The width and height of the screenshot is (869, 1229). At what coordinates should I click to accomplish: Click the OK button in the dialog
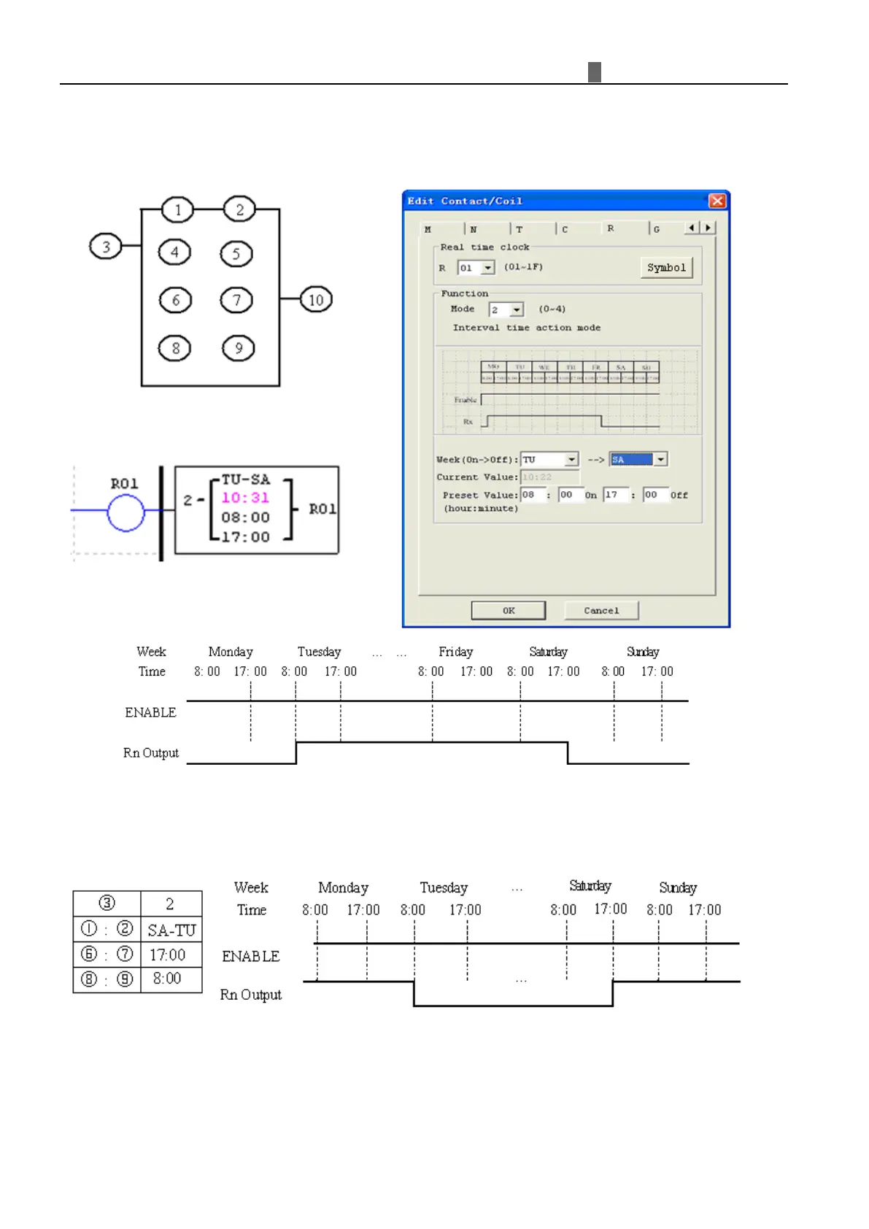[x=508, y=610]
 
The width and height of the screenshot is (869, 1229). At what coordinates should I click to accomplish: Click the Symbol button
[x=666, y=268]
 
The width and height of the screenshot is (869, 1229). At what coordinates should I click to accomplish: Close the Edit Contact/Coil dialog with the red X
[x=717, y=201]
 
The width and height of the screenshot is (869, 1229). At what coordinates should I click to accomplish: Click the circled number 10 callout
[x=316, y=300]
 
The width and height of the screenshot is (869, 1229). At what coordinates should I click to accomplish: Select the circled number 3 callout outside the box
[x=106, y=247]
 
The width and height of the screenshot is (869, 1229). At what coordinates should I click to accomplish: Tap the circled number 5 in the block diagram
[x=236, y=254]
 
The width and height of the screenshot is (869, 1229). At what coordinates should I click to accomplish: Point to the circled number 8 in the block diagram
[x=175, y=348]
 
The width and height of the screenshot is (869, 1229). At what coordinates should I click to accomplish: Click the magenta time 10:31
[x=245, y=498]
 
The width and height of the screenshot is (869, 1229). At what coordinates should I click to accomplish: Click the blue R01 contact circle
[x=125, y=512]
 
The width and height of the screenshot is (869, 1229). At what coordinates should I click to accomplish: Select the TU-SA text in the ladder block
[x=245, y=479]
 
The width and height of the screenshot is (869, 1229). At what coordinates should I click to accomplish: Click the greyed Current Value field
[x=549, y=477]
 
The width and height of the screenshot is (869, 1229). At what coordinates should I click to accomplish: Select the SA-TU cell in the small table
[x=171, y=930]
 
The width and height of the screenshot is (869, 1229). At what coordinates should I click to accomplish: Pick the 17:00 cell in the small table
[x=167, y=955]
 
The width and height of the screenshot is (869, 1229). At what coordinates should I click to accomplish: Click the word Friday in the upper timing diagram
[x=455, y=652]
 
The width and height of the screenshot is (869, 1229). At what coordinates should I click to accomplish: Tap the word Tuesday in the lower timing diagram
[x=444, y=887]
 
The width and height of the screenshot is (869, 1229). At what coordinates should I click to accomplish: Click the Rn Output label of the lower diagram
[x=250, y=995]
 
